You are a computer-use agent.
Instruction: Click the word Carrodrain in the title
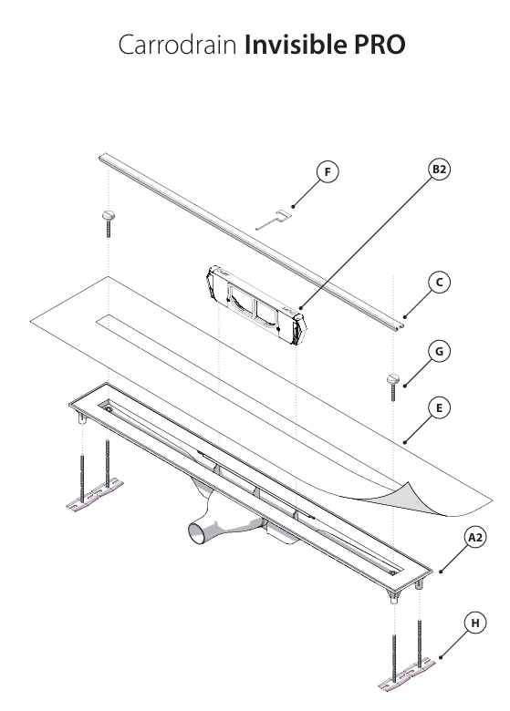(x=177, y=46)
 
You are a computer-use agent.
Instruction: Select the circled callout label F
(x=327, y=171)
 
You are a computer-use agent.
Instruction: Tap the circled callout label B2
(x=440, y=170)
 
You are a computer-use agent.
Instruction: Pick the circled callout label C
(x=439, y=283)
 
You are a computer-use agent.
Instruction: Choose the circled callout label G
(x=439, y=351)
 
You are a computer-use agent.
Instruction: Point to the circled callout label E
(x=439, y=408)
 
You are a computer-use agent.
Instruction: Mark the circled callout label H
(x=474, y=623)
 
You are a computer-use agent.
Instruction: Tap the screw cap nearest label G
(x=394, y=380)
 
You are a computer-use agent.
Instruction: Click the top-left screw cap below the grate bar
(x=109, y=216)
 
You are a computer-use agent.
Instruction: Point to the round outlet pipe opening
(x=197, y=531)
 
